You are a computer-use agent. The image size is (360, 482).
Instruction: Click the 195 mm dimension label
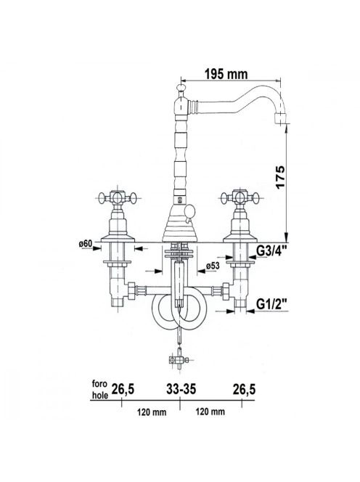(226, 74)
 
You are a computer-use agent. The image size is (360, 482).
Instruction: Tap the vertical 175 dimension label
(280, 178)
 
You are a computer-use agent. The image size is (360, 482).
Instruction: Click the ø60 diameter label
(85, 243)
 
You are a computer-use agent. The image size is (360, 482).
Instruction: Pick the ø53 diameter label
(213, 266)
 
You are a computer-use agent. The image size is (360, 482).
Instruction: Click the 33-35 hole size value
(181, 389)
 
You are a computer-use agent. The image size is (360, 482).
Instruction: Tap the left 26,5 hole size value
(123, 390)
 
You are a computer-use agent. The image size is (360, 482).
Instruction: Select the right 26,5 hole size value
(244, 390)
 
